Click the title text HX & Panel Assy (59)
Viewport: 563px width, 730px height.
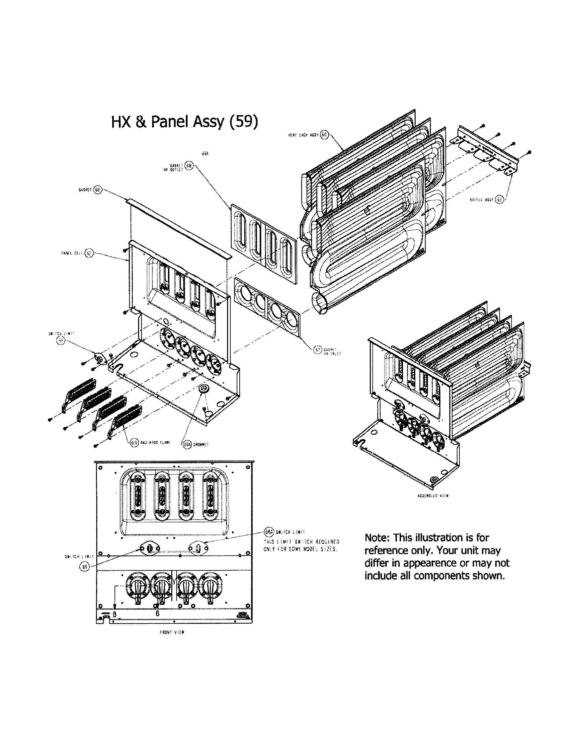pos(185,122)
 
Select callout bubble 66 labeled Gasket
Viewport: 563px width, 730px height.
pos(97,190)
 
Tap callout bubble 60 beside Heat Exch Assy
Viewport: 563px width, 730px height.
pos(324,135)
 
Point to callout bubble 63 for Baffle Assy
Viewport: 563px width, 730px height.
pos(499,199)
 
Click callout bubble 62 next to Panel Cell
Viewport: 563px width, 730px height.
pos(89,254)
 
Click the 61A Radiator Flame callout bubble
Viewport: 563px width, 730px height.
pos(134,444)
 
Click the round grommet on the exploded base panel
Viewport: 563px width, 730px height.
pos(203,389)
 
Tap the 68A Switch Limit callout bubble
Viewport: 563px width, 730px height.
pos(269,532)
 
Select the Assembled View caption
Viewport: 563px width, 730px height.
pos(433,496)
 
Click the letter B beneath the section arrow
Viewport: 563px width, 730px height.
pos(114,614)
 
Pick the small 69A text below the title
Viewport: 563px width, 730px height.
pos(205,155)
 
